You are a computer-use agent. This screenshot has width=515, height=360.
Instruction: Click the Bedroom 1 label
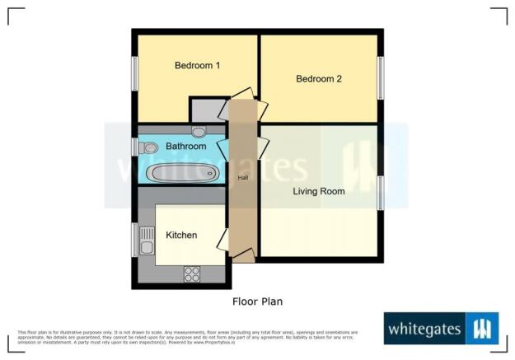pyautogui.click(x=196, y=66)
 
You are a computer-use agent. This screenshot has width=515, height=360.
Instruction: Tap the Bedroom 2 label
pyautogui.click(x=319, y=79)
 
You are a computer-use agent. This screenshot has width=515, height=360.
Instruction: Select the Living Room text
pyautogui.click(x=319, y=191)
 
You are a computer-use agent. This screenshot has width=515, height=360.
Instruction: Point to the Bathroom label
pyautogui.click(x=185, y=146)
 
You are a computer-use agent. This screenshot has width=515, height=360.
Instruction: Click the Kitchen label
pyautogui.click(x=181, y=235)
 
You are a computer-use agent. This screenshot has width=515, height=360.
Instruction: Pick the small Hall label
pyautogui.click(x=242, y=178)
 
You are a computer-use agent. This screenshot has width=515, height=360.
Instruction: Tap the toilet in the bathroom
pyautogui.click(x=148, y=148)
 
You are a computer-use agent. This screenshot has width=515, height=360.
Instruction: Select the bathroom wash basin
pyautogui.click(x=199, y=131)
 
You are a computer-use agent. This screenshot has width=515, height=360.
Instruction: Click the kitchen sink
pyautogui.click(x=147, y=241)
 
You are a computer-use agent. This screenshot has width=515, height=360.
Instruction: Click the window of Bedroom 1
pyautogui.click(x=134, y=75)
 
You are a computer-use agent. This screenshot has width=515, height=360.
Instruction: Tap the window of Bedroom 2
pyautogui.click(x=381, y=79)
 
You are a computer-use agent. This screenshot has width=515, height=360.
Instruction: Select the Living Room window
pyautogui.click(x=381, y=192)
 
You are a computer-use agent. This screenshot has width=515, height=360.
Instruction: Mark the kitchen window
pyautogui.click(x=134, y=240)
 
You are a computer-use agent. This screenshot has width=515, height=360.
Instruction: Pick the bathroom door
pyautogui.click(x=221, y=150)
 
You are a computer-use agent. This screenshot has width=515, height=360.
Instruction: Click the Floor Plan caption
pyautogui.click(x=257, y=302)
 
